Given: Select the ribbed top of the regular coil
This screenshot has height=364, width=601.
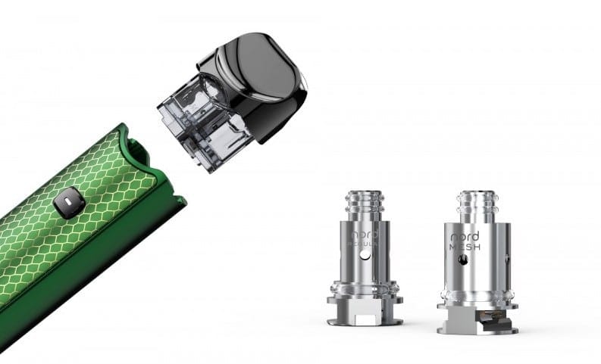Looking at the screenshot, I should tap(365, 203).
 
